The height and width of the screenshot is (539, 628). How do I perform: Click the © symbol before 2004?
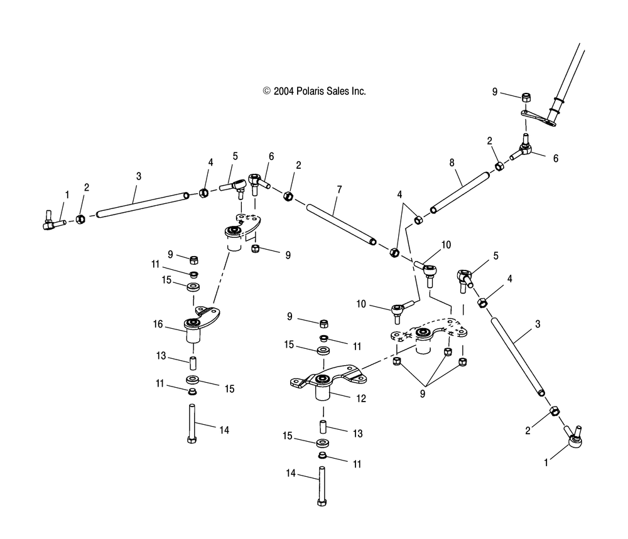[x=267, y=91]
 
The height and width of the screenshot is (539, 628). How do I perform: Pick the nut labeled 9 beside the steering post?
[x=526, y=97]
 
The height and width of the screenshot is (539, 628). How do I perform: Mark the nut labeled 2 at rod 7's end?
[x=289, y=196]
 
